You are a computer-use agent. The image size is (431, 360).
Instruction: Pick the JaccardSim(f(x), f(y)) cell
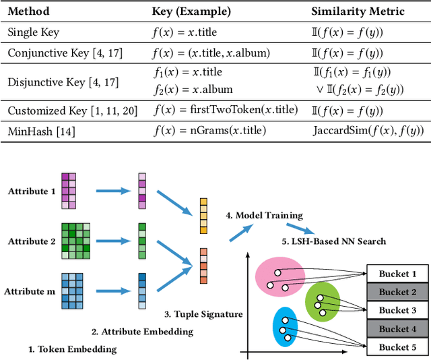click(x=368, y=131)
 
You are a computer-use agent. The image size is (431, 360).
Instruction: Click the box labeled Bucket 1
click(x=394, y=274)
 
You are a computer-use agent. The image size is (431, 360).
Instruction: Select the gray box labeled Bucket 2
click(x=394, y=292)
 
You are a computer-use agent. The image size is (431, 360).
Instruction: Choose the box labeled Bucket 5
click(x=394, y=347)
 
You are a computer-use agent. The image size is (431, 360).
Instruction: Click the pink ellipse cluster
click(x=279, y=274)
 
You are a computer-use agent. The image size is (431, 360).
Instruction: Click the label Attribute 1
click(x=28, y=191)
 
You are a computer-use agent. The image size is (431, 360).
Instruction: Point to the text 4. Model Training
click(x=264, y=216)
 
